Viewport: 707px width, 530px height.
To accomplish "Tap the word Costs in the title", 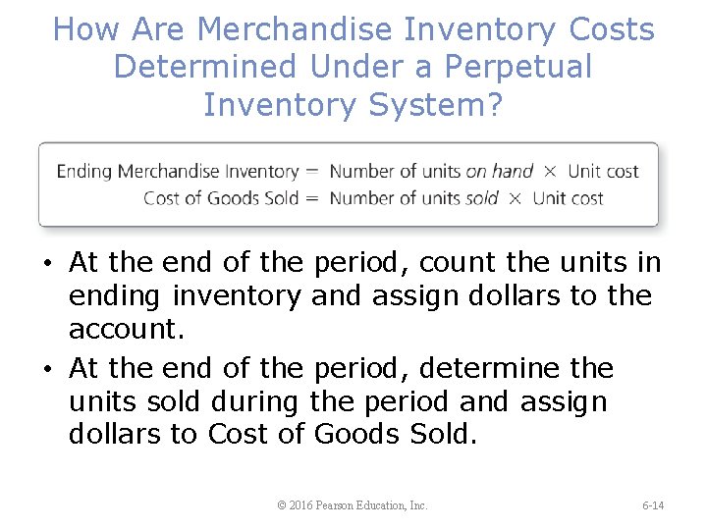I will (612, 29).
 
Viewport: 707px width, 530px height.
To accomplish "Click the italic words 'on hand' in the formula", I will (499, 171).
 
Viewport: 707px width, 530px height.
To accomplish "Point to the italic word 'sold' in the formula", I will (482, 198).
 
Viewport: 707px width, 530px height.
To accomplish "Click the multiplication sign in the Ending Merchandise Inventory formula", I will (551, 171).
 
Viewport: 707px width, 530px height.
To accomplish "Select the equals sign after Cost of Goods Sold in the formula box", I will (312, 198).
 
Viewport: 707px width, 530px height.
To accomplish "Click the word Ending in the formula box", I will (84, 171).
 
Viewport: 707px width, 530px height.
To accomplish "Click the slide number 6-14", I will (653, 505).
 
